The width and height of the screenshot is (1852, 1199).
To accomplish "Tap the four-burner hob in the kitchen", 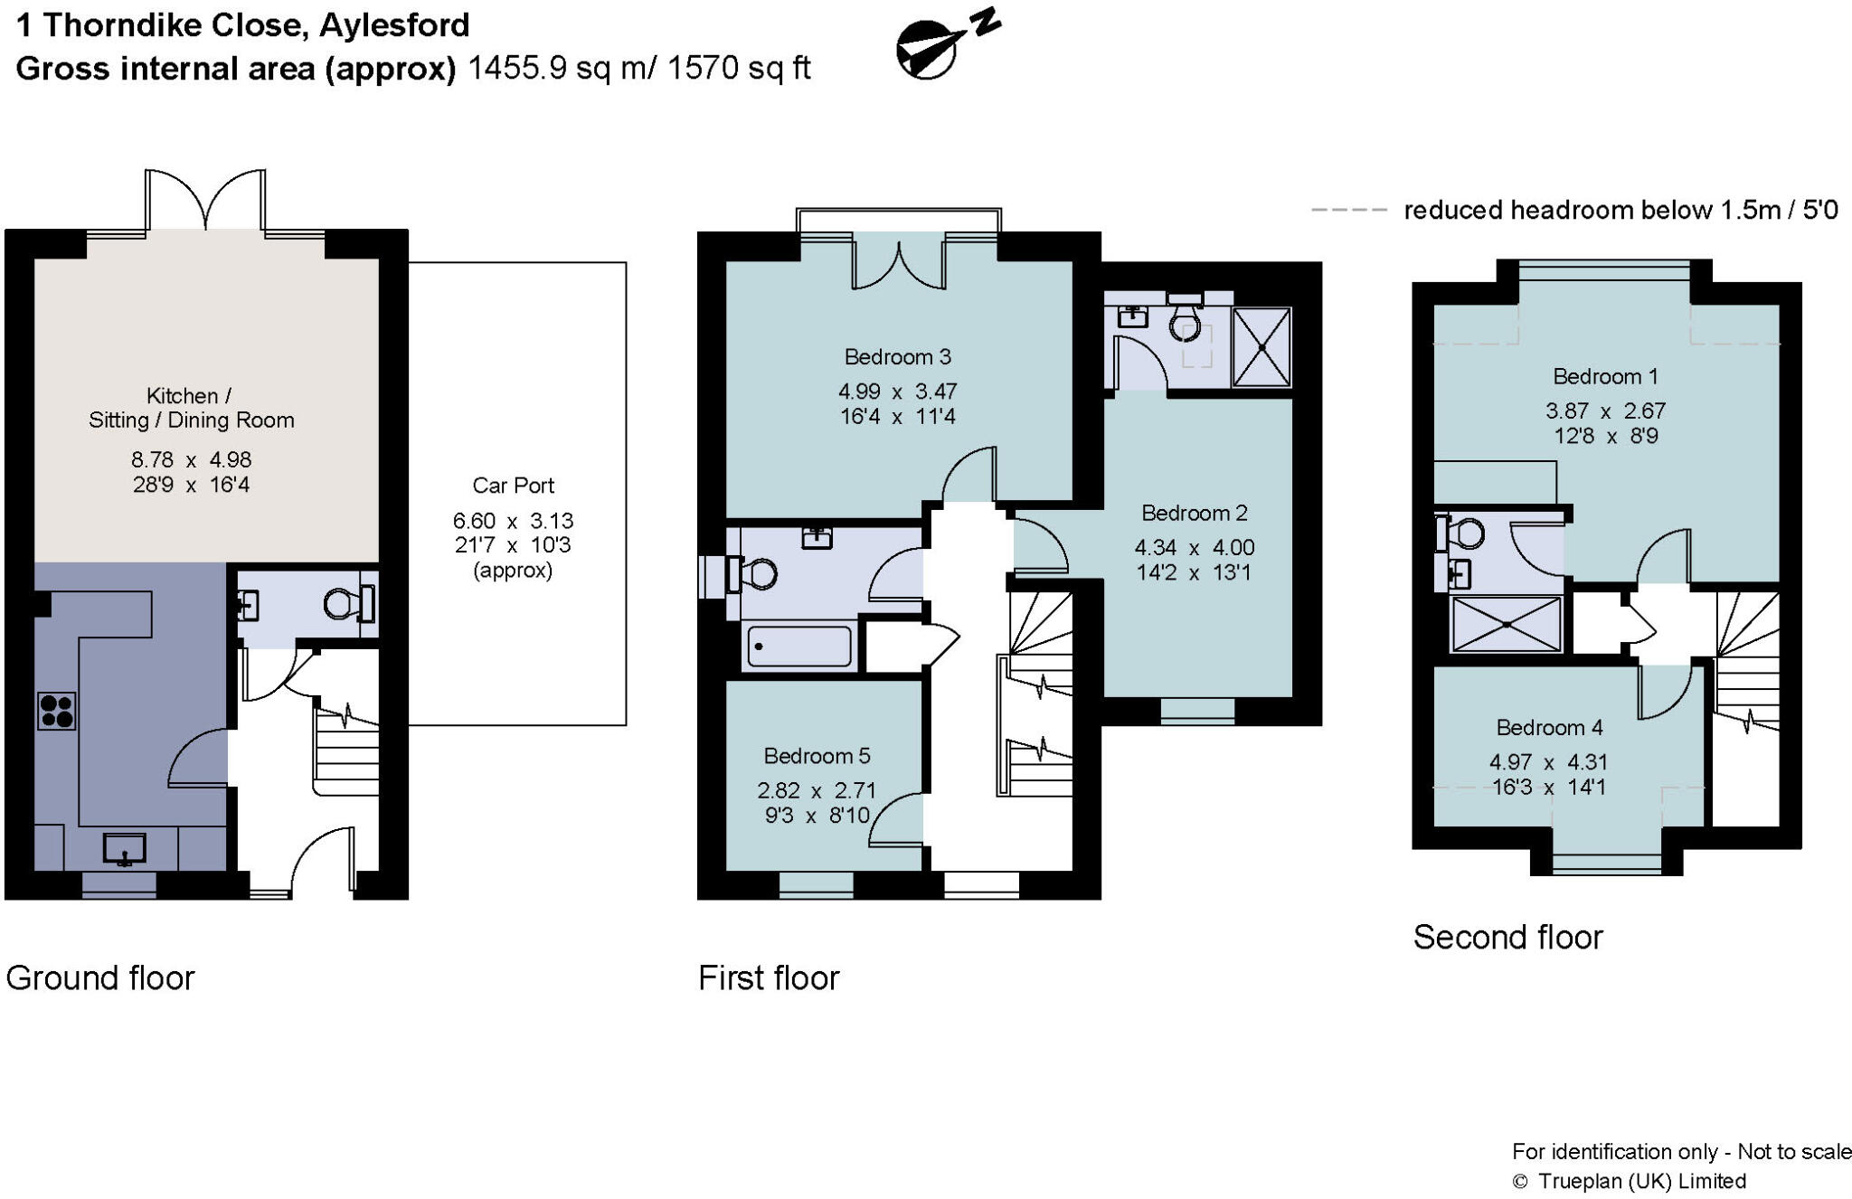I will (56, 711).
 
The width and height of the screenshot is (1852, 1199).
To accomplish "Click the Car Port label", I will (513, 486).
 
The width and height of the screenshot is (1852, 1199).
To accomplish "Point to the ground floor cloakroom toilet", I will (344, 604).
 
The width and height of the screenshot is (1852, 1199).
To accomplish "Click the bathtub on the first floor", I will (799, 647).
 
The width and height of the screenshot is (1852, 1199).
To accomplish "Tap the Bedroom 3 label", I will (897, 357).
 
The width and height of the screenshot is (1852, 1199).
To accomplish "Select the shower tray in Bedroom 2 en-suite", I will (1261, 346).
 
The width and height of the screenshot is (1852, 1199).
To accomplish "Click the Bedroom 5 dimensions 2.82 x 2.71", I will (816, 790).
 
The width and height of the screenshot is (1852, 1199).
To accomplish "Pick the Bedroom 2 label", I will (1194, 514).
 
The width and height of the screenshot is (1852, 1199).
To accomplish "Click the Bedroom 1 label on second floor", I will (1604, 377).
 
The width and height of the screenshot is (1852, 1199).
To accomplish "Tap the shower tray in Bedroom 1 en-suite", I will (1506, 624).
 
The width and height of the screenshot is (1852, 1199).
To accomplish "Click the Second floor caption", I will (1507, 938).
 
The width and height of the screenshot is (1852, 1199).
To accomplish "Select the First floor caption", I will (769, 978).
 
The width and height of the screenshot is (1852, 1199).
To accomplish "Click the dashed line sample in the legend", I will (1348, 211).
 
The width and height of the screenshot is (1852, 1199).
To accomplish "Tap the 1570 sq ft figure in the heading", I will (739, 69).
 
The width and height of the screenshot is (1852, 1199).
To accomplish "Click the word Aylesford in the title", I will (394, 25).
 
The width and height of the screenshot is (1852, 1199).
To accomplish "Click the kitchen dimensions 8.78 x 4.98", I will (191, 460).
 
